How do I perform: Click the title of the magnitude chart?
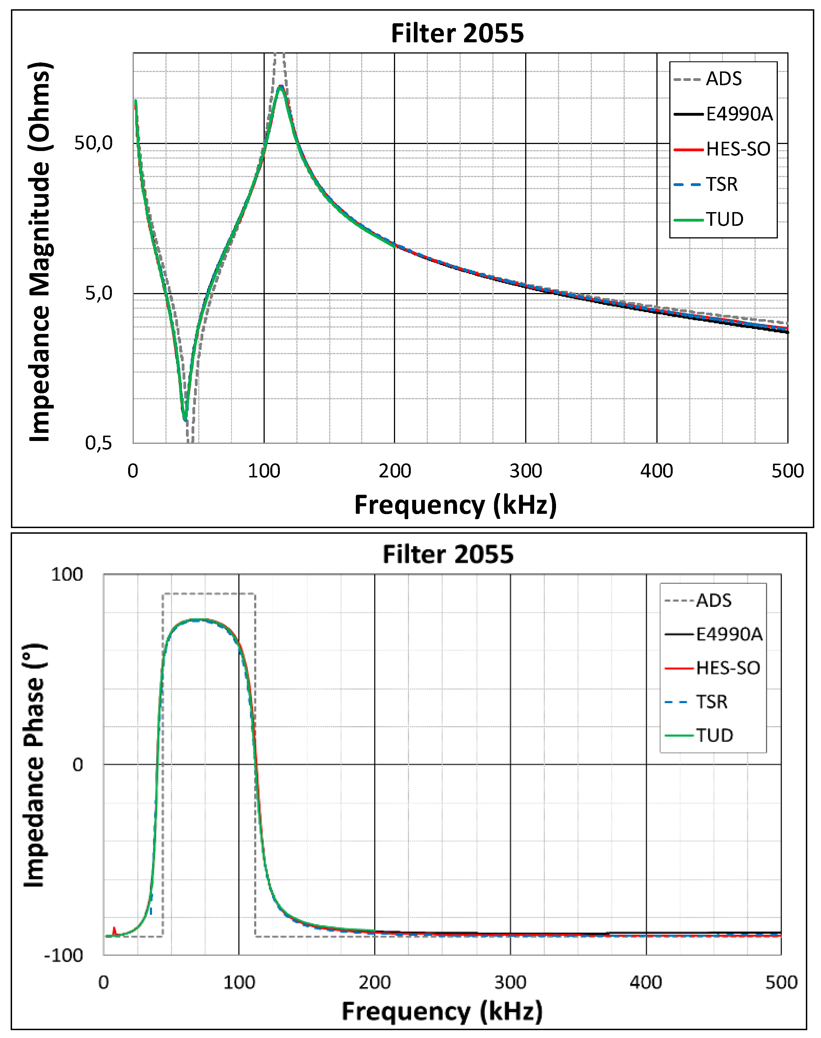click(457, 33)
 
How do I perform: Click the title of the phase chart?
click(448, 554)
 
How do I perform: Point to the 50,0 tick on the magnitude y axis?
click(93, 143)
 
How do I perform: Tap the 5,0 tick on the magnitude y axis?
click(98, 293)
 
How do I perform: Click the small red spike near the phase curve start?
click(114, 930)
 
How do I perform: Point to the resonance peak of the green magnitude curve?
click(280, 87)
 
